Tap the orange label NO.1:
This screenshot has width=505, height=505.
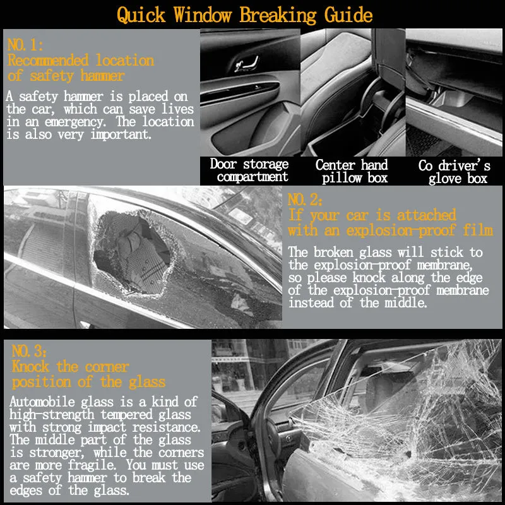(25, 45)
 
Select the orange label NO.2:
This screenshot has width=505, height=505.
(306, 200)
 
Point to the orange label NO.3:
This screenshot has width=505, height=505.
(29, 351)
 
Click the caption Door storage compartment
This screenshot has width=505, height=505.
(250, 170)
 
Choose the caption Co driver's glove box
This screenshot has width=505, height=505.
(454, 172)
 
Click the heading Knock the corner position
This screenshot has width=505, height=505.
(88, 374)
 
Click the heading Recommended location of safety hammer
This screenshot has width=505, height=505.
(80, 68)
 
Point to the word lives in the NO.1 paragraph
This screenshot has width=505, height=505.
(178, 109)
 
